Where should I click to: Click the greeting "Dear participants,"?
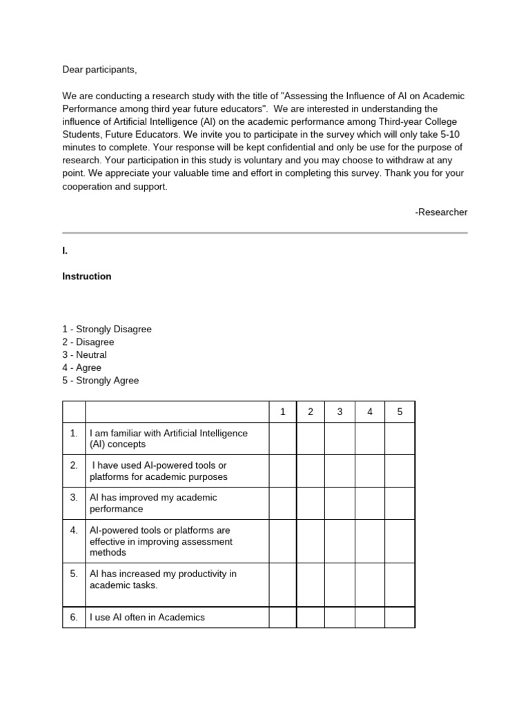click(x=104, y=70)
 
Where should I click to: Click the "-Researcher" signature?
click(x=441, y=212)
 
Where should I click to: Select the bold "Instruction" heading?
click(x=87, y=276)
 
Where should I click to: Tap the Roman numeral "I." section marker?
click(x=65, y=252)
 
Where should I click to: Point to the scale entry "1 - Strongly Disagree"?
click(x=107, y=330)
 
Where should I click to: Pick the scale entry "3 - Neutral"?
click(x=85, y=355)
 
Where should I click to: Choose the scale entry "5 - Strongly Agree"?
click(x=101, y=381)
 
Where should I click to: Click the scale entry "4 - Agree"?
click(x=82, y=368)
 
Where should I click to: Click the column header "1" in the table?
click(x=282, y=412)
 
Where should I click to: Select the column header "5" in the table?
click(x=400, y=412)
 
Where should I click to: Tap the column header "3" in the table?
click(x=340, y=412)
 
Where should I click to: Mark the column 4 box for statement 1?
click(x=370, y=438)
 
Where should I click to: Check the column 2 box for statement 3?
click(x=311, y=503)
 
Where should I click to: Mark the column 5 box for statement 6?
click(x=400, y=617)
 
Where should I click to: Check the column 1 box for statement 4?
click(x=282, y=541)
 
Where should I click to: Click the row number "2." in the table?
click(x=74, y=465)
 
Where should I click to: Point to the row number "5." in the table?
click(x=74, y=574)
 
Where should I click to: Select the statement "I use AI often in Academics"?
click(x=148, y=617)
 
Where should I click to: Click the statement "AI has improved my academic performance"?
click(x=153, y=503)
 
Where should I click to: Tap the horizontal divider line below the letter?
click(x=265, y=233)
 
